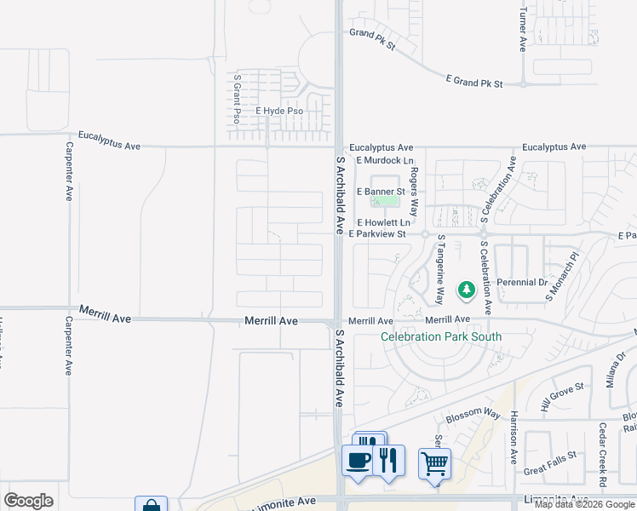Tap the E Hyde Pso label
279,112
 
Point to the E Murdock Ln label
384,160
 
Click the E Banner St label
381,192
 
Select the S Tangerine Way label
440,270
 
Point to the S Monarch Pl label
562,276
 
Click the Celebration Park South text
440,336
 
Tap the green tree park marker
466,291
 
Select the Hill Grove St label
562,398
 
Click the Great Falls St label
548,469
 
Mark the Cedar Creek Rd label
602,454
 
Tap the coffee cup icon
358,461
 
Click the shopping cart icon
434,464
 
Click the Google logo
28,501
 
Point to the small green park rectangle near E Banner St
385,201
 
